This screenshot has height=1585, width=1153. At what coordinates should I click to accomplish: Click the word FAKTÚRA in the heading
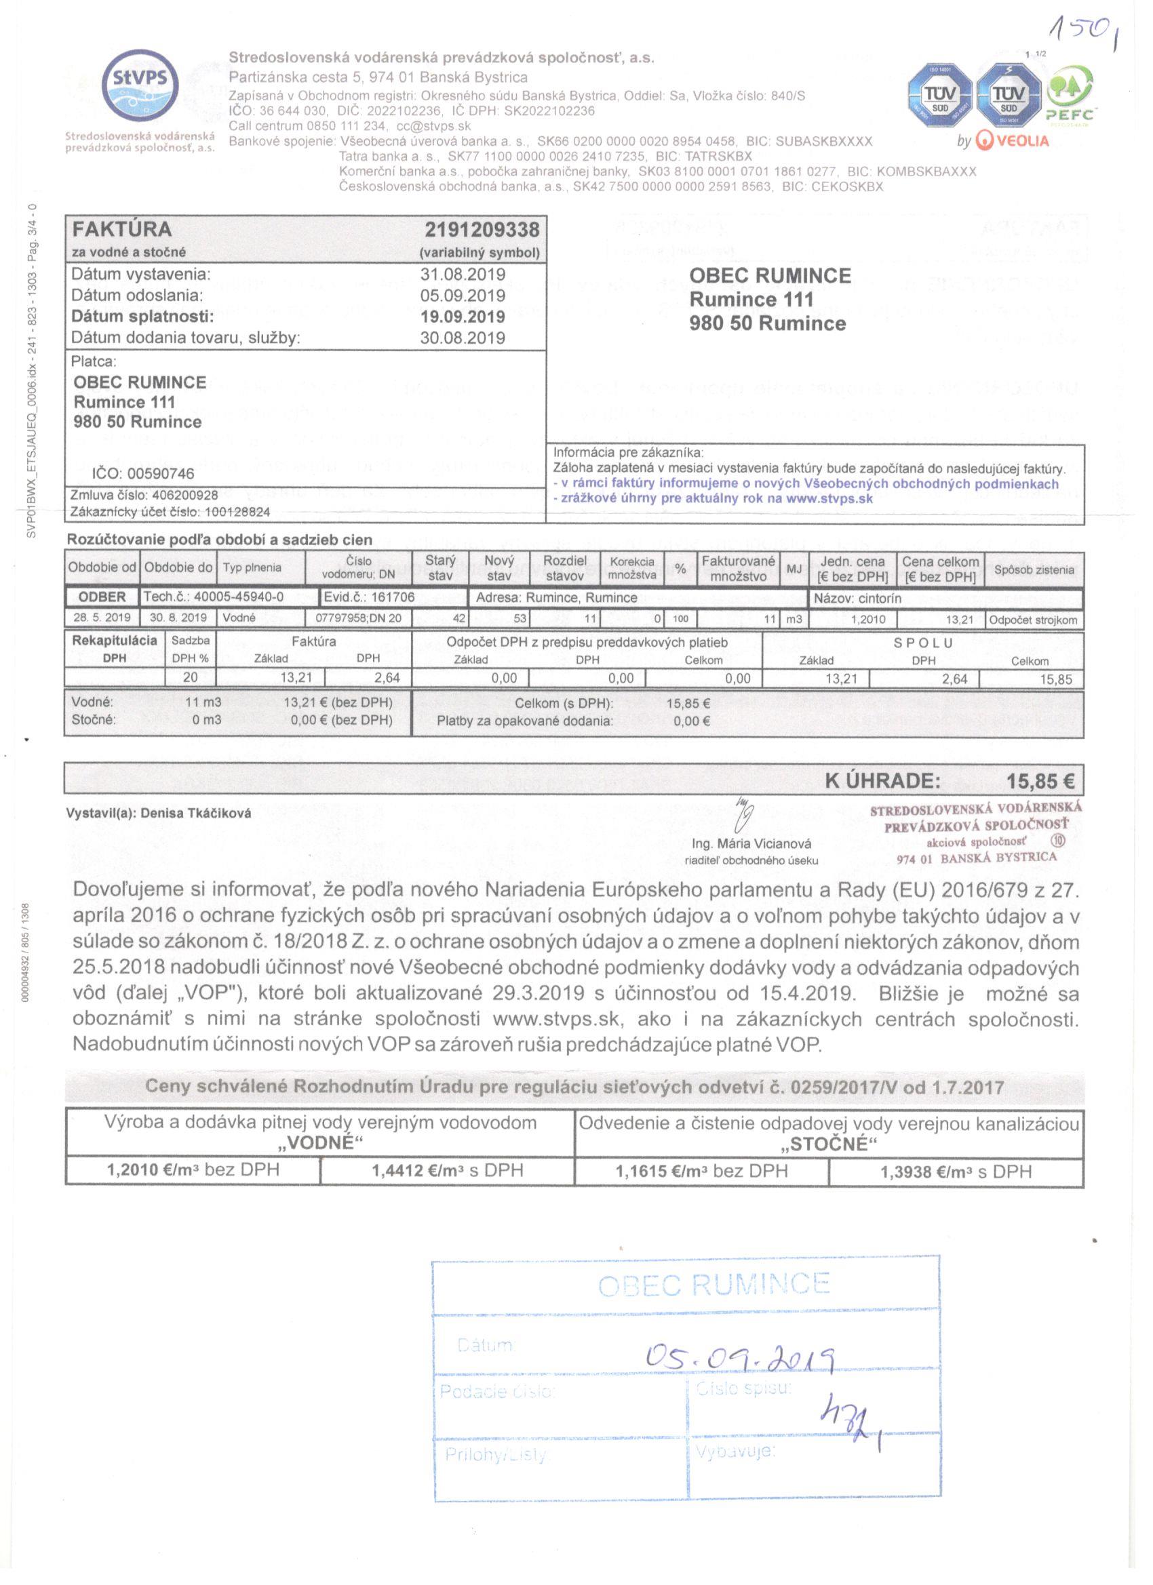point(121,229)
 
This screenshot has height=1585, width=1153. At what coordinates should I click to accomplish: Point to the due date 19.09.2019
point(462,317)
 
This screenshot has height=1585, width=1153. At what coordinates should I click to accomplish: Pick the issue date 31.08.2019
point(462,275)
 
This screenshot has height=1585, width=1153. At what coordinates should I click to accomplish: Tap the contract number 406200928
point(184,496)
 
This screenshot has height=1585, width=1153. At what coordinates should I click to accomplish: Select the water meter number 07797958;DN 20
point(359,618)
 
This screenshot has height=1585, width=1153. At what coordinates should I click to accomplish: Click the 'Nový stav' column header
point(499,568)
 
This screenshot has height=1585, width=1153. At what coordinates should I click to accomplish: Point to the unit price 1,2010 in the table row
point(867,619)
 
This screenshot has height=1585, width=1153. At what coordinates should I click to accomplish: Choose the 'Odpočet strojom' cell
point(1033,620)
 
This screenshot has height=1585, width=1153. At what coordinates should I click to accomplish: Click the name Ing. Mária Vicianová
point(751,843)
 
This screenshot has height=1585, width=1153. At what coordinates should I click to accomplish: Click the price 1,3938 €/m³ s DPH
point(956,1172)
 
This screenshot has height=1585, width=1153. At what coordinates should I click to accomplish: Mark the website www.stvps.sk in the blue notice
point(829,498)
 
